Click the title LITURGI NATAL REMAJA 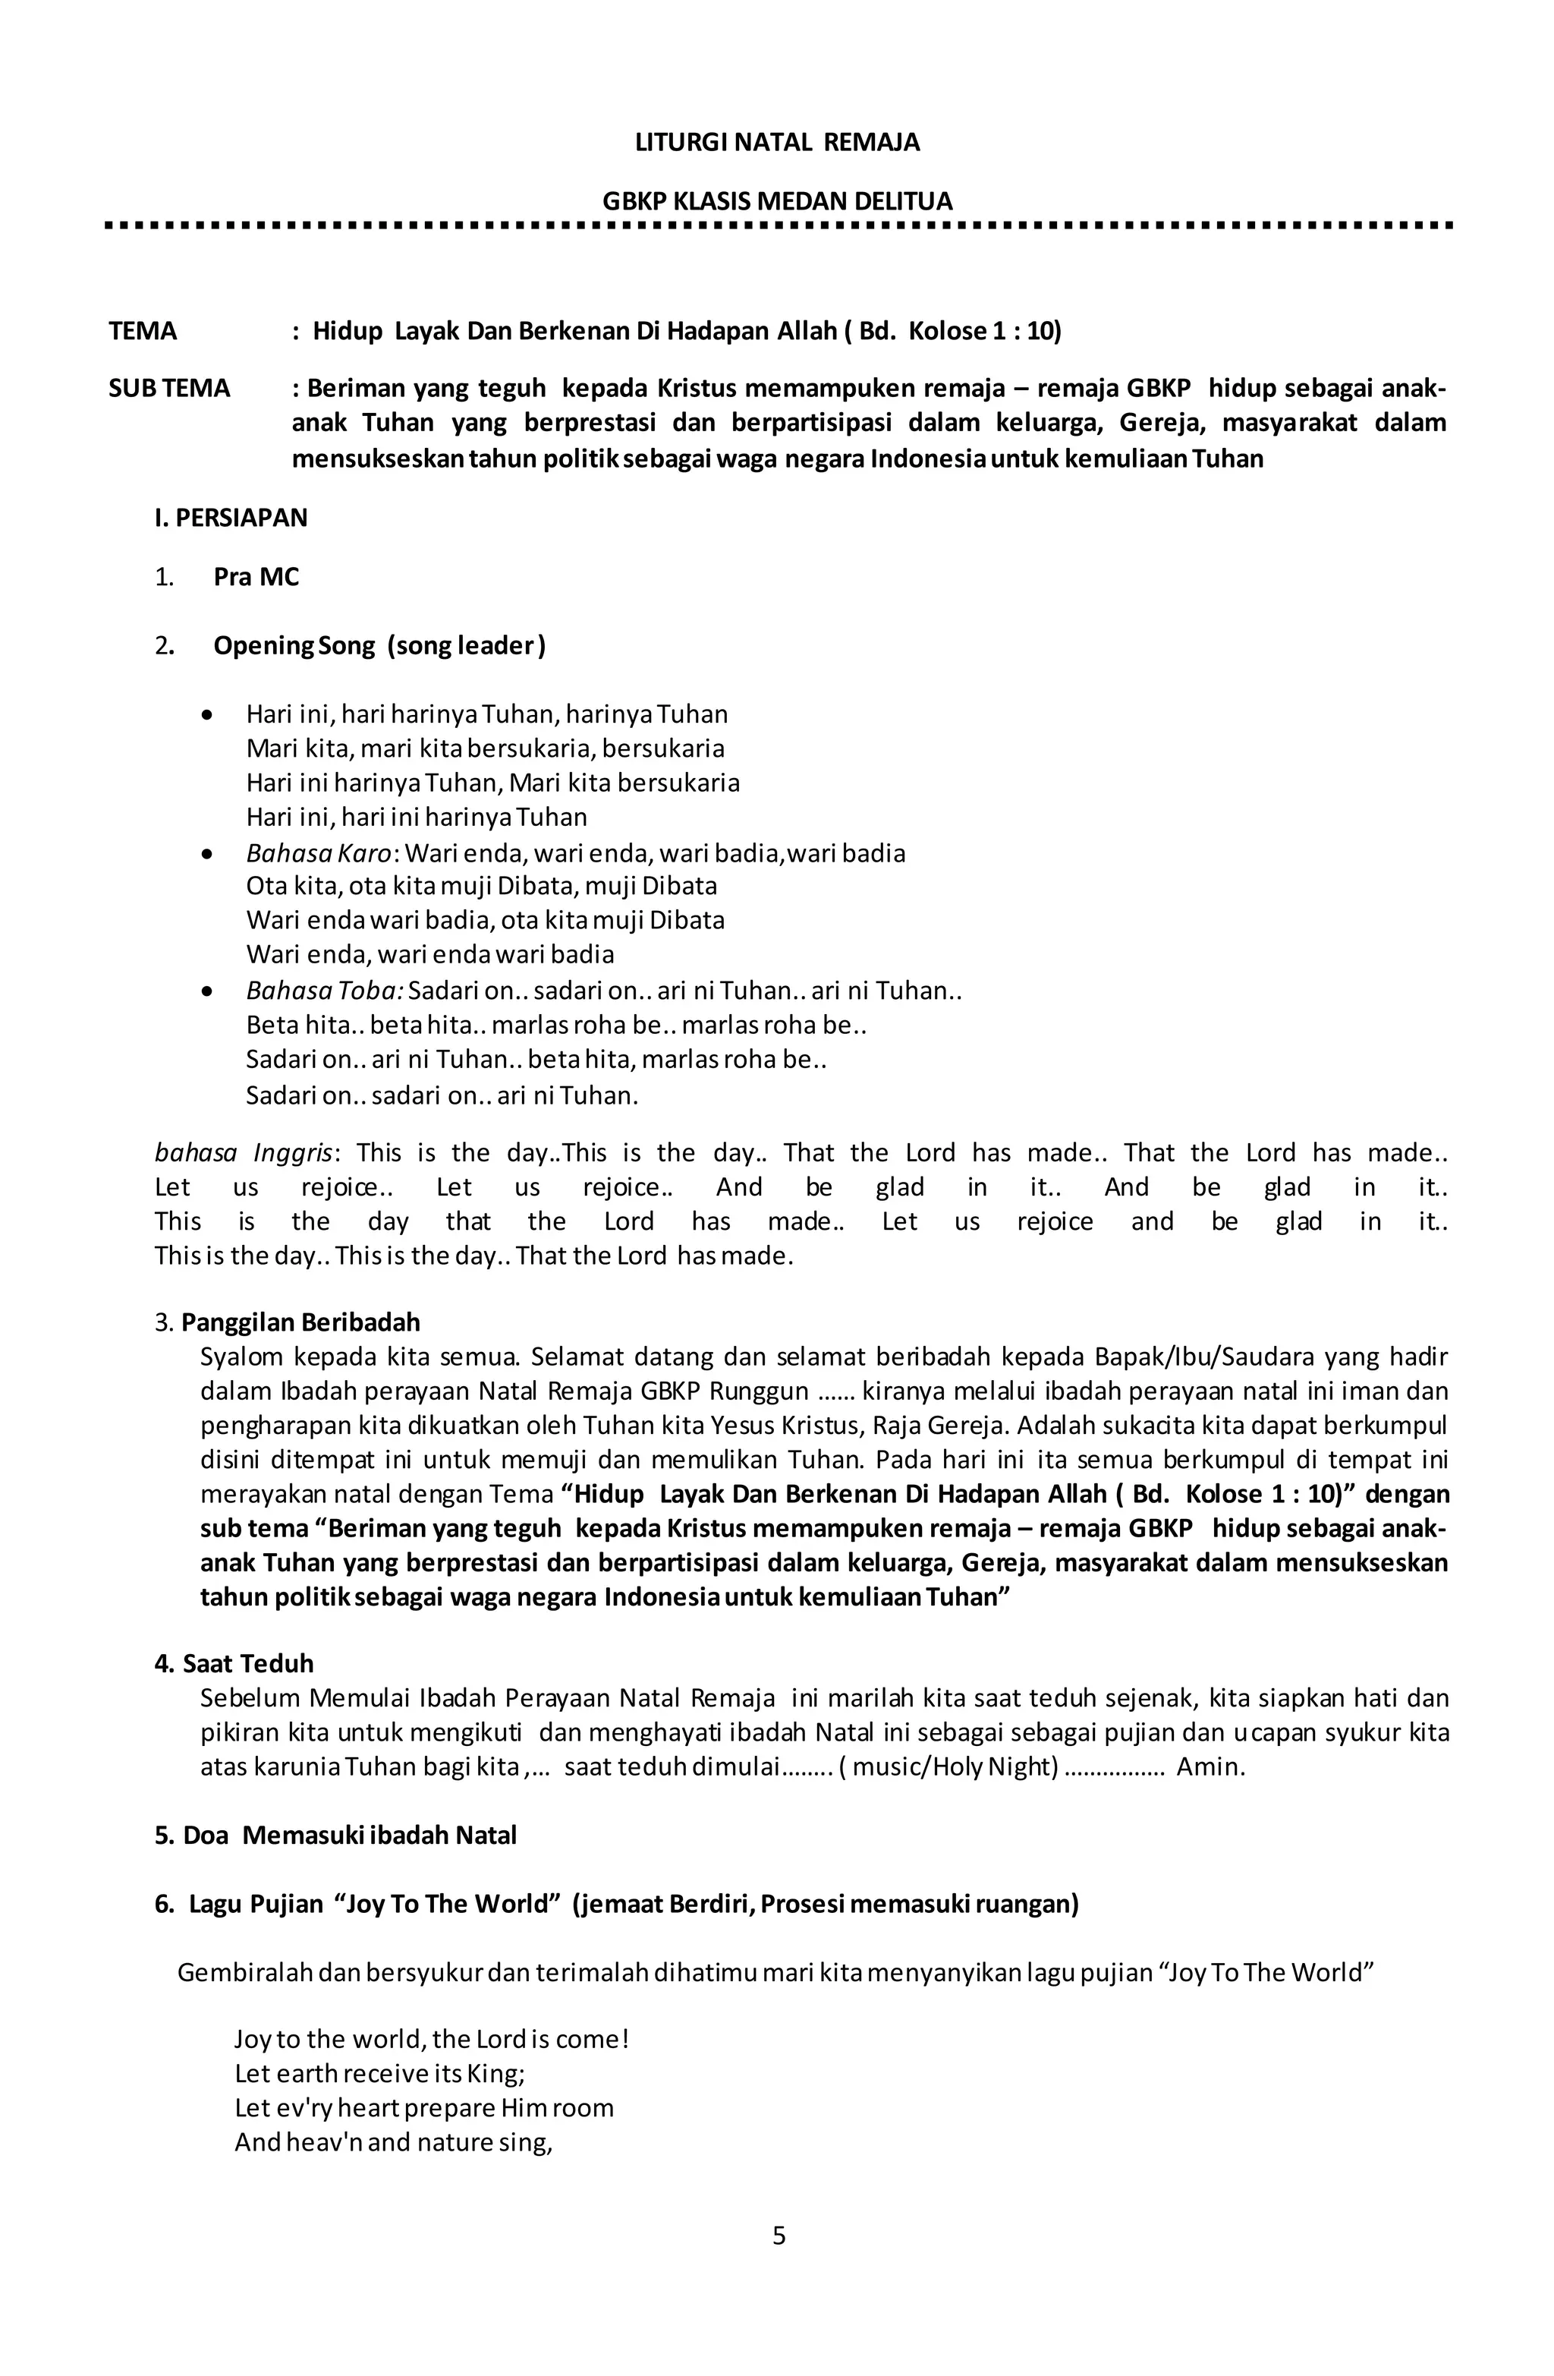(x=776, y=143)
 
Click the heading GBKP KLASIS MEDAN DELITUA (x=776, y=202)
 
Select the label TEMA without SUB (x=143, y=332)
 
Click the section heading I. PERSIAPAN (x=231, y=518)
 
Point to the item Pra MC (x=256, y=577)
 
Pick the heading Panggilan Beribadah (x=300, y=1323)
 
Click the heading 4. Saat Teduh (x=234, y=1664)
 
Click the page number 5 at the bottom (x=779, y=2236)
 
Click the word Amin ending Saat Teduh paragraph (x=1209, y=1767)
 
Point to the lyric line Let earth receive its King (x=379, y=2074)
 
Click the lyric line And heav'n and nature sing (x=393, y=2142)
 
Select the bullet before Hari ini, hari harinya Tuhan (x=206, y=716)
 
